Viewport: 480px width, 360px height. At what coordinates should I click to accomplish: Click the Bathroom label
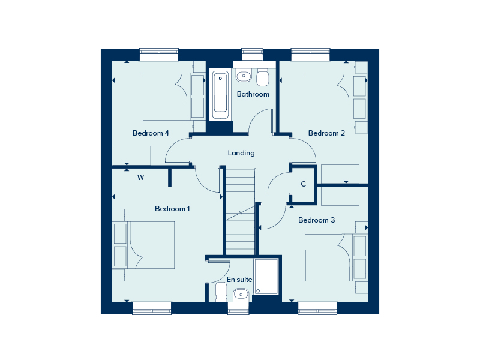point(253,94)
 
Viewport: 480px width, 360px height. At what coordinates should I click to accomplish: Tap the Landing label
point(241,153)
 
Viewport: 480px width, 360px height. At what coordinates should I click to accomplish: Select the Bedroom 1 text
point(172,208)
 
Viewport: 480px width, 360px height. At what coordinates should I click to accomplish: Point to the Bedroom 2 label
point(326,133)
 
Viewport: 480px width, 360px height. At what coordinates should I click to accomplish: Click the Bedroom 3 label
point(317,220)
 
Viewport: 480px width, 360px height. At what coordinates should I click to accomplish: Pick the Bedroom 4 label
point(151,133)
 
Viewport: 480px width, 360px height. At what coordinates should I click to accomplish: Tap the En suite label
point(239,279)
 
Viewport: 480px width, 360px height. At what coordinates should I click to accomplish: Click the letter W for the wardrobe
point(140,177)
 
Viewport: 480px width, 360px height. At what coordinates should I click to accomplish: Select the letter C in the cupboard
point(304,184)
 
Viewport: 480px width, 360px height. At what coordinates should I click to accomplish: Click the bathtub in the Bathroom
point(220,94)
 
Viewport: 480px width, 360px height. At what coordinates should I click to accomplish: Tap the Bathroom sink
point(244,76)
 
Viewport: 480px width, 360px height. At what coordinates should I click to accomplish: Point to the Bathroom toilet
point(263,77)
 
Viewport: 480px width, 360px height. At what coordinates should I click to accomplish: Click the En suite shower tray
point(266,277)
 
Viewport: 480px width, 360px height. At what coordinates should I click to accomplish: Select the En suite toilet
point(221,292)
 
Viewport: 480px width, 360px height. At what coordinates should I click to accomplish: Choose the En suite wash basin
point(241,295)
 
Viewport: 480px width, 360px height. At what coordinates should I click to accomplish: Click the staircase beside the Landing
point(241,212)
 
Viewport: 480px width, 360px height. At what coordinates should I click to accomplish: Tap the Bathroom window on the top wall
point(252,54)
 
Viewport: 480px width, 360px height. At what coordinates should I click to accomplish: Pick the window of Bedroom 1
point(152,308)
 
